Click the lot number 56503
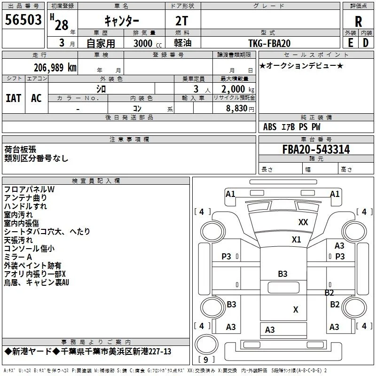click(x=23, y=19)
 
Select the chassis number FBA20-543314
click(x=316, y=149)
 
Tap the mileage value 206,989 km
click(x=55, y=68)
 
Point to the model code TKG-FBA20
click(x=269, y=43)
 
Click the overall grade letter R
click(x=358, y=22)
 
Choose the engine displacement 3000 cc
click(x=148, y=43)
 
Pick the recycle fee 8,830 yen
click(x=240, y=109)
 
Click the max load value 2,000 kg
click(x=238, y=89)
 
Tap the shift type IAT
click(x=14, y=98)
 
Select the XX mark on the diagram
click(x=303, y=222)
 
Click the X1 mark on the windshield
click(x=297, y=240)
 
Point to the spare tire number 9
click(x=205, y=360)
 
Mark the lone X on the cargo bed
click(x=296, y=310)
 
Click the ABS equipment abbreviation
click(x=270, y=127)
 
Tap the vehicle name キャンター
click(x=122, y=21)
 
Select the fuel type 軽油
click(x=183, y=43)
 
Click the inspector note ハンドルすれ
click(x=25, y=206)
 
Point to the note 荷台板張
click(x=20, y=149)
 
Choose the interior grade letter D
click(x=366, y=43)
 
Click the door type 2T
click(x=181, y=21)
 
